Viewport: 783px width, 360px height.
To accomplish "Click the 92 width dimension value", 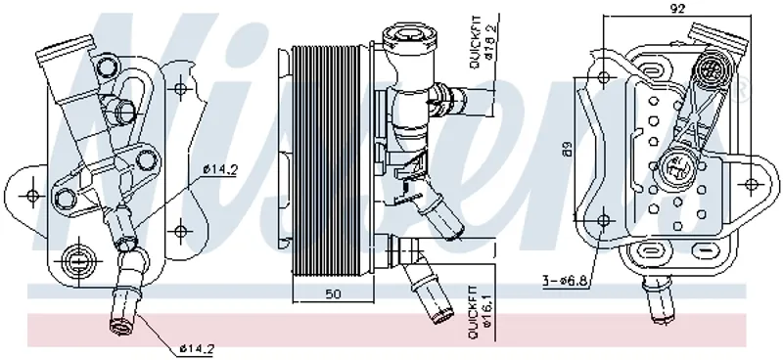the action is pyautogui.click(x=678, y=8).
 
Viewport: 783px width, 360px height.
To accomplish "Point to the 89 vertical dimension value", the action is pyautogui.click(x=568, y=149).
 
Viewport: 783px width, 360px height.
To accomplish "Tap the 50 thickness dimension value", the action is pyautogui.click(x=333, y=294).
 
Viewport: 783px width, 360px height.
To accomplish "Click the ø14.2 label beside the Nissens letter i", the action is pyautogui.click(x=221, y=169).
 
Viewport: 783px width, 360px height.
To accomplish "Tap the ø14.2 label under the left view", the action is pyautogui.click(x=197, y=348).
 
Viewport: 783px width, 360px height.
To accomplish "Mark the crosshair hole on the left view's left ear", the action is pyautogui.click(x=33, y=195).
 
